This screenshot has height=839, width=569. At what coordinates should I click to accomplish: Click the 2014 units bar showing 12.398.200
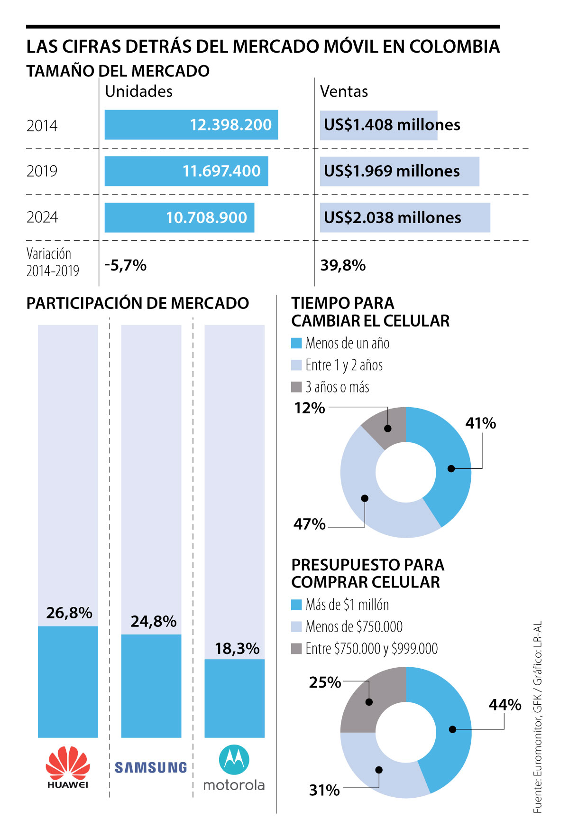(x=191, y=125)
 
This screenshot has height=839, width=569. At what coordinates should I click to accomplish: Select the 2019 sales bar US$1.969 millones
(x=399, y=171)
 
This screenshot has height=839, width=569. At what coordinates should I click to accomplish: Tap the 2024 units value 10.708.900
(x=206, y=217)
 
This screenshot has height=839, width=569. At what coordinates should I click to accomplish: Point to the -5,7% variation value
(x=126, y=265)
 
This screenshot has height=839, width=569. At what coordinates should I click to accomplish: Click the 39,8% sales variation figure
(x=343, y=265)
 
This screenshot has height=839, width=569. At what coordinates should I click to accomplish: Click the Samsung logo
(x=151, y=767)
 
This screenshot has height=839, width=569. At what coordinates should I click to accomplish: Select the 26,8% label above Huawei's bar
(x=69, y=613)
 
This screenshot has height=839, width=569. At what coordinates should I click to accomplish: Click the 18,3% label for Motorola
(x=237, y=648)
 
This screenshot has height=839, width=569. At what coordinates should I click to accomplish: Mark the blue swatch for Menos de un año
(x=296, y=343)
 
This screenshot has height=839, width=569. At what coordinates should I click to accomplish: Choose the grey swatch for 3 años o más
(x=296, y=387)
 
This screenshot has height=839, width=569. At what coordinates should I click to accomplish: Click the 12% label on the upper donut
(x=310, y=408)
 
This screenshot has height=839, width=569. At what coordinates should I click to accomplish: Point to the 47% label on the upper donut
(x=310, y=524)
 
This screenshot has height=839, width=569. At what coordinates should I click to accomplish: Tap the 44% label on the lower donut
(x=505, y=705)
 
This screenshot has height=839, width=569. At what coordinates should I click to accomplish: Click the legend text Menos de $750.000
(x=354, y=626)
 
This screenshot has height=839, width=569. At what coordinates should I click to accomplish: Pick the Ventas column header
(x=344, y=91)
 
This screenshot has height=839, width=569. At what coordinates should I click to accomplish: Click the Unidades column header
(x=138, y=91)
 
